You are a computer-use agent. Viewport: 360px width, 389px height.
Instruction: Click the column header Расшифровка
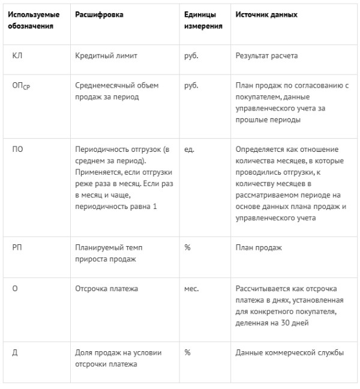100,14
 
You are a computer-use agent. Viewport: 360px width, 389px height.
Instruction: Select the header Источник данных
266,14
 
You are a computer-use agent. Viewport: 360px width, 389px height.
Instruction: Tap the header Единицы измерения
203,20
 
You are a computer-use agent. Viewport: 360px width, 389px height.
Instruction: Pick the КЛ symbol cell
17,56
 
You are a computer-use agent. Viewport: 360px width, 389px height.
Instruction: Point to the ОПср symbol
21,86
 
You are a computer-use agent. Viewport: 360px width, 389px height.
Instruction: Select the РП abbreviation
17,247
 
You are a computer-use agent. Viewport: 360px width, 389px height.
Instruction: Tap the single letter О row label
14,288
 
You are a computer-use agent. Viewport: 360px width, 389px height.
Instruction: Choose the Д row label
14,352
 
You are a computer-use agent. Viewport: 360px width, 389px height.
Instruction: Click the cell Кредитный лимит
106,56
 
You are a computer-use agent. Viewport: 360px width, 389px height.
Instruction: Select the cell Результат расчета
267,56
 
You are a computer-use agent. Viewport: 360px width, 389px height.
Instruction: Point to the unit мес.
191,288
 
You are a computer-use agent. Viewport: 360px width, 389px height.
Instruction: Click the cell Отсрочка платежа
107,288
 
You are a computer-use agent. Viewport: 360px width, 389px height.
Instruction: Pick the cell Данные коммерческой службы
290,352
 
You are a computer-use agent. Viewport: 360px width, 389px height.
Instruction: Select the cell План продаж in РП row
259,247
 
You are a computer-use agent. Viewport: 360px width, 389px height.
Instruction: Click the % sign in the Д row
187,352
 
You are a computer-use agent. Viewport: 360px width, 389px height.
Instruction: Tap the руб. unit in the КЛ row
191,56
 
